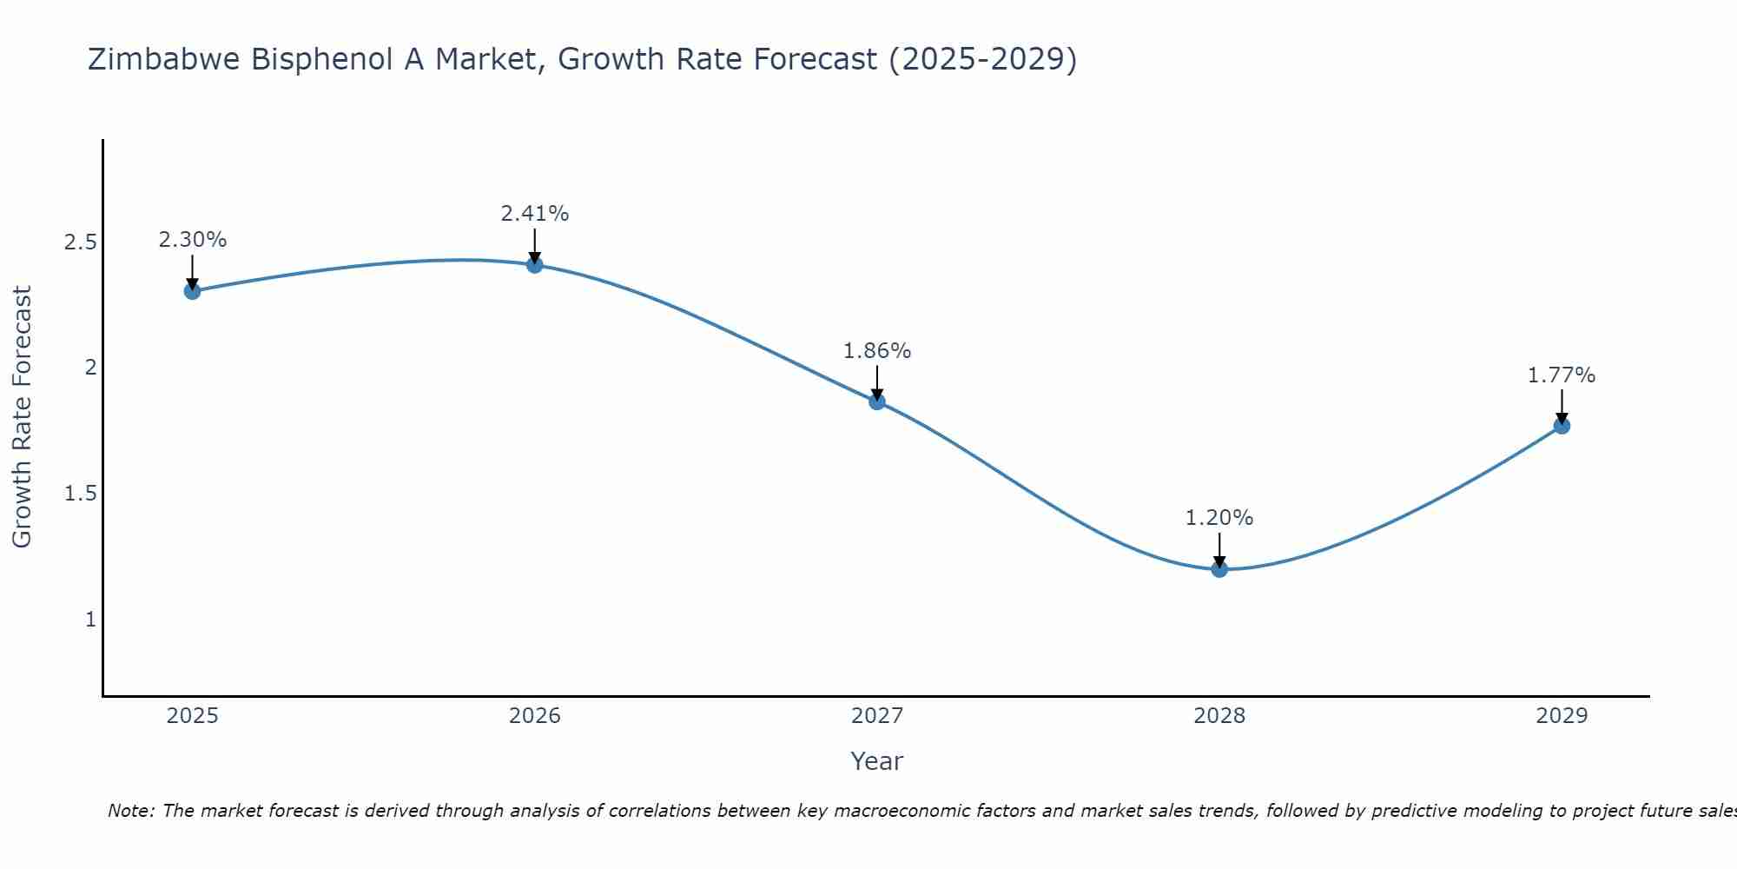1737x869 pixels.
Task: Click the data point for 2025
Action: click(x=193, y=291)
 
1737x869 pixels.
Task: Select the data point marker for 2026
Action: click(x=535, y=265)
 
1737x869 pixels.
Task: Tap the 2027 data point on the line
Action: click(x=877, y=401)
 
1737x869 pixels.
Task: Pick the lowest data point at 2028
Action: click(x=1219, y=569)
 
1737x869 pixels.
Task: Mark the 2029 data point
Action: click(x=1562, y=426)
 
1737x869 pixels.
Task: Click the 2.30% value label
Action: click(x=193, y=240)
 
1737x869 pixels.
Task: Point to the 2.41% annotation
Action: click(x=535, y=214)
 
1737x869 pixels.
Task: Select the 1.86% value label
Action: click(x=877, y=351)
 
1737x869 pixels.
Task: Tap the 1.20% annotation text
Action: click(x=1219, y=518)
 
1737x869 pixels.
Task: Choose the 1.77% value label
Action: click(x=1562, y=375)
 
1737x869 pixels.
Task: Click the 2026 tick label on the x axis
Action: click(x=535, y=716)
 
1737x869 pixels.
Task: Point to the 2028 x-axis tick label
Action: click(x=1219, y=716)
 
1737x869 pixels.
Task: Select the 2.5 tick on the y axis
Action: click(x=81, y=242)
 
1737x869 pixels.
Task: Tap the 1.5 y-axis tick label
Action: click(x=81, y=494)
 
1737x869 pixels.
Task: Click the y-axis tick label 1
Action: click(x=90, y=620)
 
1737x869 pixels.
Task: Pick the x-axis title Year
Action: click(x=877, y=761)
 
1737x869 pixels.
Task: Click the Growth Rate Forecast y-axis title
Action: click(x=22, y=417)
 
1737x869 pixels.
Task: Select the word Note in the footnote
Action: click(x=130, y=811)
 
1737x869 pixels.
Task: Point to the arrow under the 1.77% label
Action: click(x=1562, y=408)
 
